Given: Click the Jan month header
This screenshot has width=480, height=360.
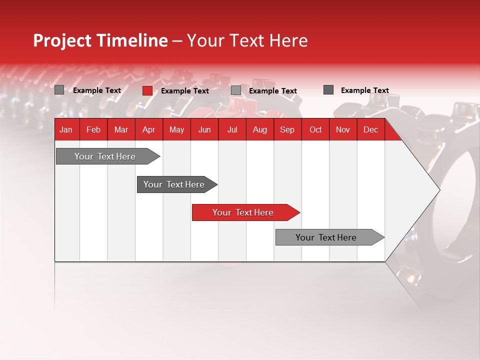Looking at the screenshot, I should (x=66, y=129).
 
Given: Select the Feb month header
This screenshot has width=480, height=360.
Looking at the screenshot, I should (x=93, y=129).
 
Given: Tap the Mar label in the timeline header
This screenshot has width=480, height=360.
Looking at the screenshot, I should (x=121, y=129).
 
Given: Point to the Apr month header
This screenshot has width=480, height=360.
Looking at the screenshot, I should (x=148, y=129).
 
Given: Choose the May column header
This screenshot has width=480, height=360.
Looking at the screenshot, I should (x=176, y=129).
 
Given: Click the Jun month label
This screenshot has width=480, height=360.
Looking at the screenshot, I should (x=204, y=129).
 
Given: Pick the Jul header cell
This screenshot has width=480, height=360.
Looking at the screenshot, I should (x=232, y=129).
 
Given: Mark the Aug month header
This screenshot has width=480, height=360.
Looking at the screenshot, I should (x=259, y=129).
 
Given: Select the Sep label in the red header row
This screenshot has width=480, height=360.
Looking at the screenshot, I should (x=287, y=129).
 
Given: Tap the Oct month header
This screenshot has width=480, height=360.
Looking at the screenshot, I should (x=315, y=129).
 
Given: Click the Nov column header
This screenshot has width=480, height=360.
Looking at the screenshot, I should (x=343, y=129).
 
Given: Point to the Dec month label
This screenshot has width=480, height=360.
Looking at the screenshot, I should (x=370, y=129).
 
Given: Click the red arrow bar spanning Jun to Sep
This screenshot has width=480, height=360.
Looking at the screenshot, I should (x=243, y=212).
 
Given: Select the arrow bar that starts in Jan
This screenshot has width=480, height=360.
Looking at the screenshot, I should (x=105, y=156).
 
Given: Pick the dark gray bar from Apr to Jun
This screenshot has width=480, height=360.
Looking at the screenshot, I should (x=174, y=184).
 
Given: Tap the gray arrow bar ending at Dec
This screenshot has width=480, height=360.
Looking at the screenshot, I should (x=326, y=237).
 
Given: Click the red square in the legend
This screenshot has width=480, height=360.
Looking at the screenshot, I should (x=147, y=90).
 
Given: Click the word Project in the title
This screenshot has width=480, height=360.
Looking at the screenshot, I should (x=62, y=40).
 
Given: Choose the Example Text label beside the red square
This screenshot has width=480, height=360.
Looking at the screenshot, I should (x=185, y=91).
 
